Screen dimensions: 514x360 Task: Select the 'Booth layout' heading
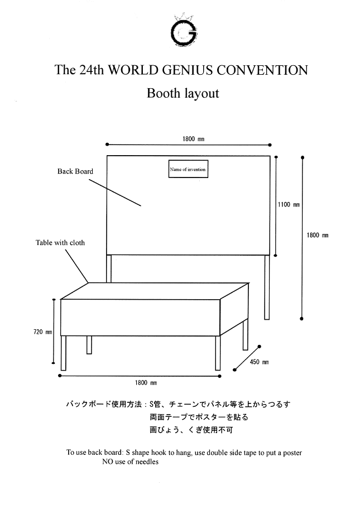point(183,93)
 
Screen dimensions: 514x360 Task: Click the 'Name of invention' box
point(188,169)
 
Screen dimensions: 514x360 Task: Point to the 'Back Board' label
point(75,171)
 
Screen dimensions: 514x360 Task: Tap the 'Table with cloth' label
point(60,243)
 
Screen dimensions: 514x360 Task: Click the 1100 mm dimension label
point(289,205)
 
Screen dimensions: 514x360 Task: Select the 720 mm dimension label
point(43,332)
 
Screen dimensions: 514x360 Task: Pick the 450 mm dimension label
point(258,362)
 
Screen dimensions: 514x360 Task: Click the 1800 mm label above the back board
point(189,139)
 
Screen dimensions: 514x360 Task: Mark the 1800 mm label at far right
point(318,235)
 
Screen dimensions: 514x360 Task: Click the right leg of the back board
point(267,287)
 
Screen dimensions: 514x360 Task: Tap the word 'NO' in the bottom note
point(108,462)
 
